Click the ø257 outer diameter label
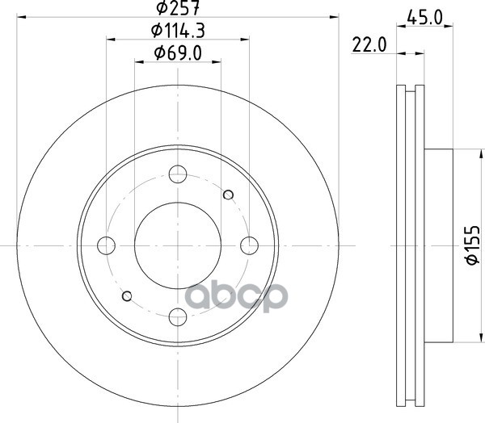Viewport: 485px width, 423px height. pos(177,7)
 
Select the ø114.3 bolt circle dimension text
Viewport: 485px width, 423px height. pos(178,31)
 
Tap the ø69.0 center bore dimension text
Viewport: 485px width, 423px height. pos(178,52)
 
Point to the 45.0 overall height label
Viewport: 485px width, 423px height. pos(424,17)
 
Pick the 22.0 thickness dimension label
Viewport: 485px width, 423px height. pos(369,45)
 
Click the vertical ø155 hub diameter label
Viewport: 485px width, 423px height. pos(473,245)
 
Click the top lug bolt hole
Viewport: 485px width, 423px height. pos(178,174)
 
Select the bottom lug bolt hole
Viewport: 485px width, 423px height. pos(178,316)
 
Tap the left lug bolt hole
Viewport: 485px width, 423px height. pos(106,245)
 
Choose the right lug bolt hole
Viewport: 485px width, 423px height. pos(249,245)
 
